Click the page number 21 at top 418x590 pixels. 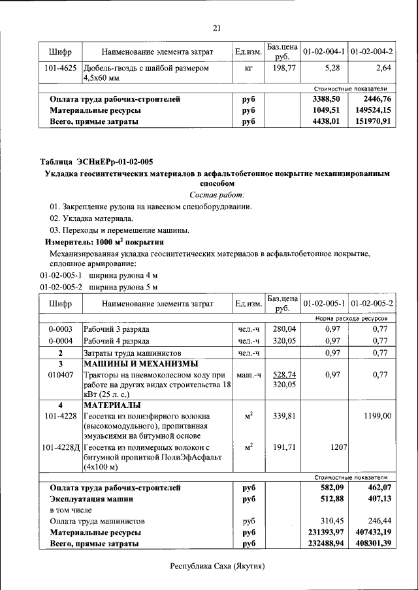(x=217, y=27)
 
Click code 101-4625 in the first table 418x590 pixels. (x=60, y=67)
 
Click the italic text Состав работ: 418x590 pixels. (x=217, y=195)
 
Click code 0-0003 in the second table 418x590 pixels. (x=60, y=329)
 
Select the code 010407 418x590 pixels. (x=60, y=375)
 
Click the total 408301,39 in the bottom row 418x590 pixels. (x=370, y=543)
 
